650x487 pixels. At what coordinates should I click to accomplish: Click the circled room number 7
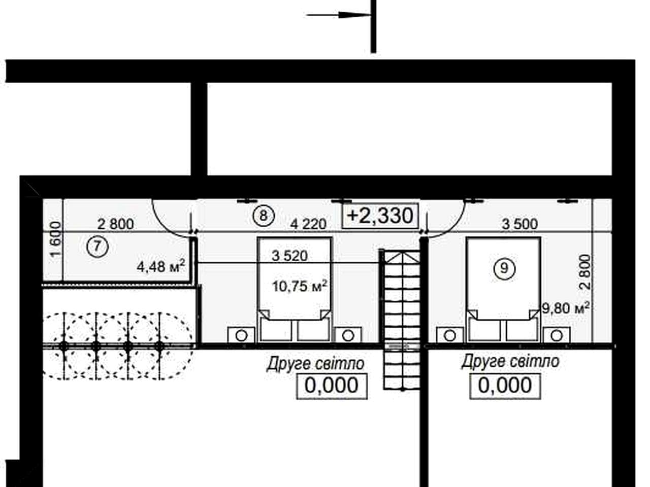97,247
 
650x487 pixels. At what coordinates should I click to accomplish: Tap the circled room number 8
264,216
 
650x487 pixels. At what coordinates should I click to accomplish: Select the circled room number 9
504,268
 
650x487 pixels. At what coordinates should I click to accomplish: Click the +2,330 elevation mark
380,216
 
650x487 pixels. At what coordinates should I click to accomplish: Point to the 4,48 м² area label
161,266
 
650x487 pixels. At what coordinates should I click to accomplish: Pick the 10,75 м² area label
300,286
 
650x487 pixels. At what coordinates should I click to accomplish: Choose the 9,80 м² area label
565,308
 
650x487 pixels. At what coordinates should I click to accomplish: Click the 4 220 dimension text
308,224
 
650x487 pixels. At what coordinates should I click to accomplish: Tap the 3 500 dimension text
519,224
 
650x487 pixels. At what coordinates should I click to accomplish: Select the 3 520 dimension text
289,256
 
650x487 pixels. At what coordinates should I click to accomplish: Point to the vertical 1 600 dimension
56,239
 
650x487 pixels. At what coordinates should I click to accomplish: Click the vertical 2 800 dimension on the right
586,272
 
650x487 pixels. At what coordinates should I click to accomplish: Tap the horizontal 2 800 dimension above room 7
115,224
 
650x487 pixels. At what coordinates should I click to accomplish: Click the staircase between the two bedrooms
402,320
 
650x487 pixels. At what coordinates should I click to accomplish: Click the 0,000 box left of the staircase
332,386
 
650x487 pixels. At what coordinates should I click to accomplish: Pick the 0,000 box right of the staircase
505,386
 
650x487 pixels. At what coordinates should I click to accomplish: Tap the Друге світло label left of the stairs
315,364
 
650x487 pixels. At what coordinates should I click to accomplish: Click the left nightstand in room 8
241,335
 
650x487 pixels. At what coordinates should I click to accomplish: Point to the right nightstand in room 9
557,335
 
